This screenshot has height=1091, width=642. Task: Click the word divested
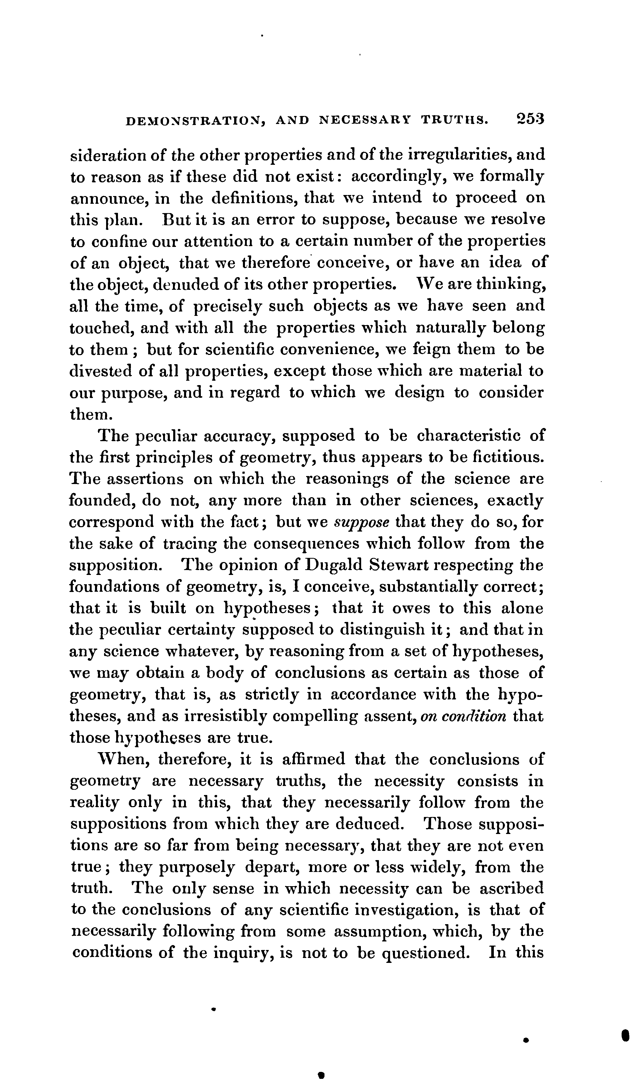tap(101, 371)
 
